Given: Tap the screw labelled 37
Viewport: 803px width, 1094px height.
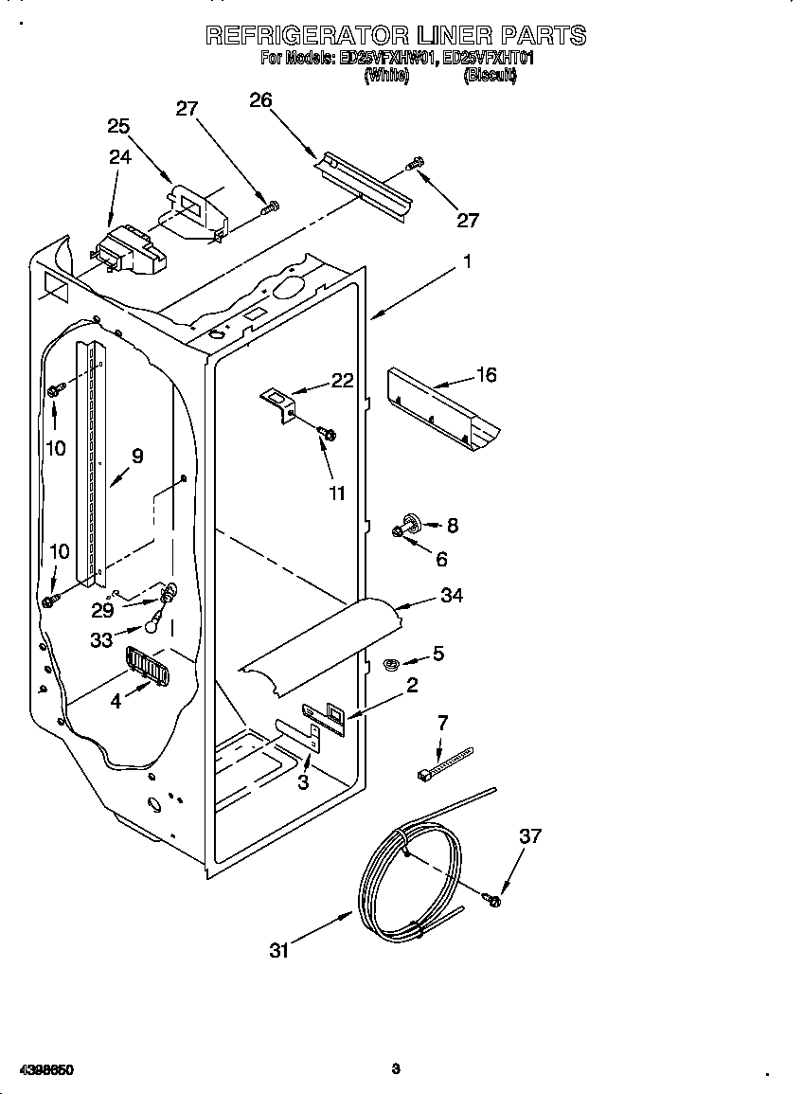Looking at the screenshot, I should (x=492, y=898).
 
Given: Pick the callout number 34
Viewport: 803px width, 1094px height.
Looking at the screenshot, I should (x=452, y=596).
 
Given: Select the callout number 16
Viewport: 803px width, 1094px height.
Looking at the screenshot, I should (x=486, y=375).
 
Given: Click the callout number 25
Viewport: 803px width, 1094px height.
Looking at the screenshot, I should (x=118, y=126).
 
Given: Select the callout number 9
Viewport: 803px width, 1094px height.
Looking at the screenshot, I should (x=137, y=457).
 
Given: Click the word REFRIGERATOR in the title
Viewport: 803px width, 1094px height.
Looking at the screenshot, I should (x=308, y=36).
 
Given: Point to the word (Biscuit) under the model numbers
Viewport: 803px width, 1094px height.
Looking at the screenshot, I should (x=490, y=78).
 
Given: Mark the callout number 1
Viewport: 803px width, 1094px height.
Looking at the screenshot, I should (x=466, y=261).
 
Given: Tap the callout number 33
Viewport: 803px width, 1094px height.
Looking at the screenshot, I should (x=101, y=640).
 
